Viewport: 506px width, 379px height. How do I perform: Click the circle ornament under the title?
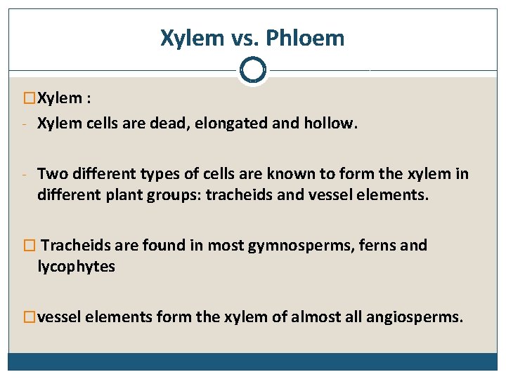pos(252,70)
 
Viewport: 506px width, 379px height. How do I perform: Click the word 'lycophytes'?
pos(76,267)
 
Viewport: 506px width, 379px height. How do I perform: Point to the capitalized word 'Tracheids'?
pos(73,245)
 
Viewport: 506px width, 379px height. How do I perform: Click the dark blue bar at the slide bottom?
pos(252,361)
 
